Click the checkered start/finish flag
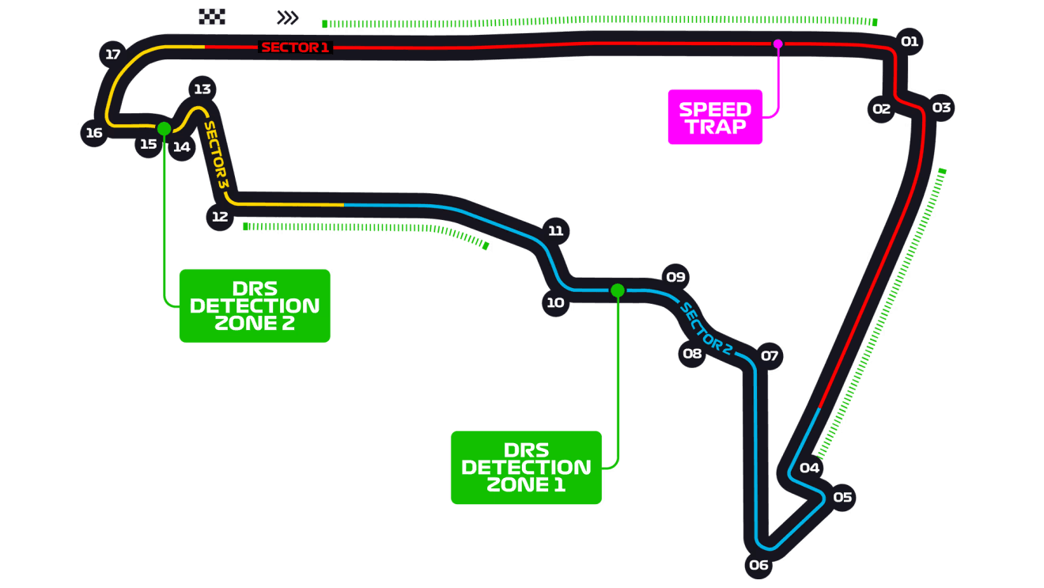pos(212,17)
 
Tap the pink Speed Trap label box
pos(715,118)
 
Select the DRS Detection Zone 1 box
pos(526,467)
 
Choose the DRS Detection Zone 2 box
pos(255,305)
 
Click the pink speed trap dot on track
pos(777,44)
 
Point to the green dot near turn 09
pos(618,290)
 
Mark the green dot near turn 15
pos(164,128)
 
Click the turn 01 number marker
pos(910,41)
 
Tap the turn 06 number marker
pos(758,564)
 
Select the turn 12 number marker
pos(219,216)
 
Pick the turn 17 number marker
pos(113,55)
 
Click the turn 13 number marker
pos(202,89)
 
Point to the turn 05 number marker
pos(842,497)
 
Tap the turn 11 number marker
pos(555,230)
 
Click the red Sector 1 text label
pos(295,47)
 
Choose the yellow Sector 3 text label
pos(216,154)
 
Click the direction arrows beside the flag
pos(289,17)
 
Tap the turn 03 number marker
pos(941,107)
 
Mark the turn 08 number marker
pos(692,353)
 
